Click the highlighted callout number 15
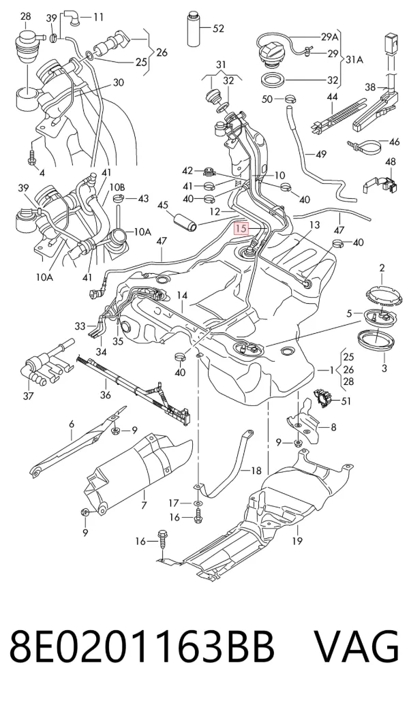(241, 229)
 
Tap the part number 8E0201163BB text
(142, 647)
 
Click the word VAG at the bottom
(356, 647)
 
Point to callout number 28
(26, 16)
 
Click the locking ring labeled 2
(382, 294)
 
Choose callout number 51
(346, 401)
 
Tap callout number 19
(297, 541)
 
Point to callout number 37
(28, 395)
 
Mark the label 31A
(354, 59)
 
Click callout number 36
(106, 395)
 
